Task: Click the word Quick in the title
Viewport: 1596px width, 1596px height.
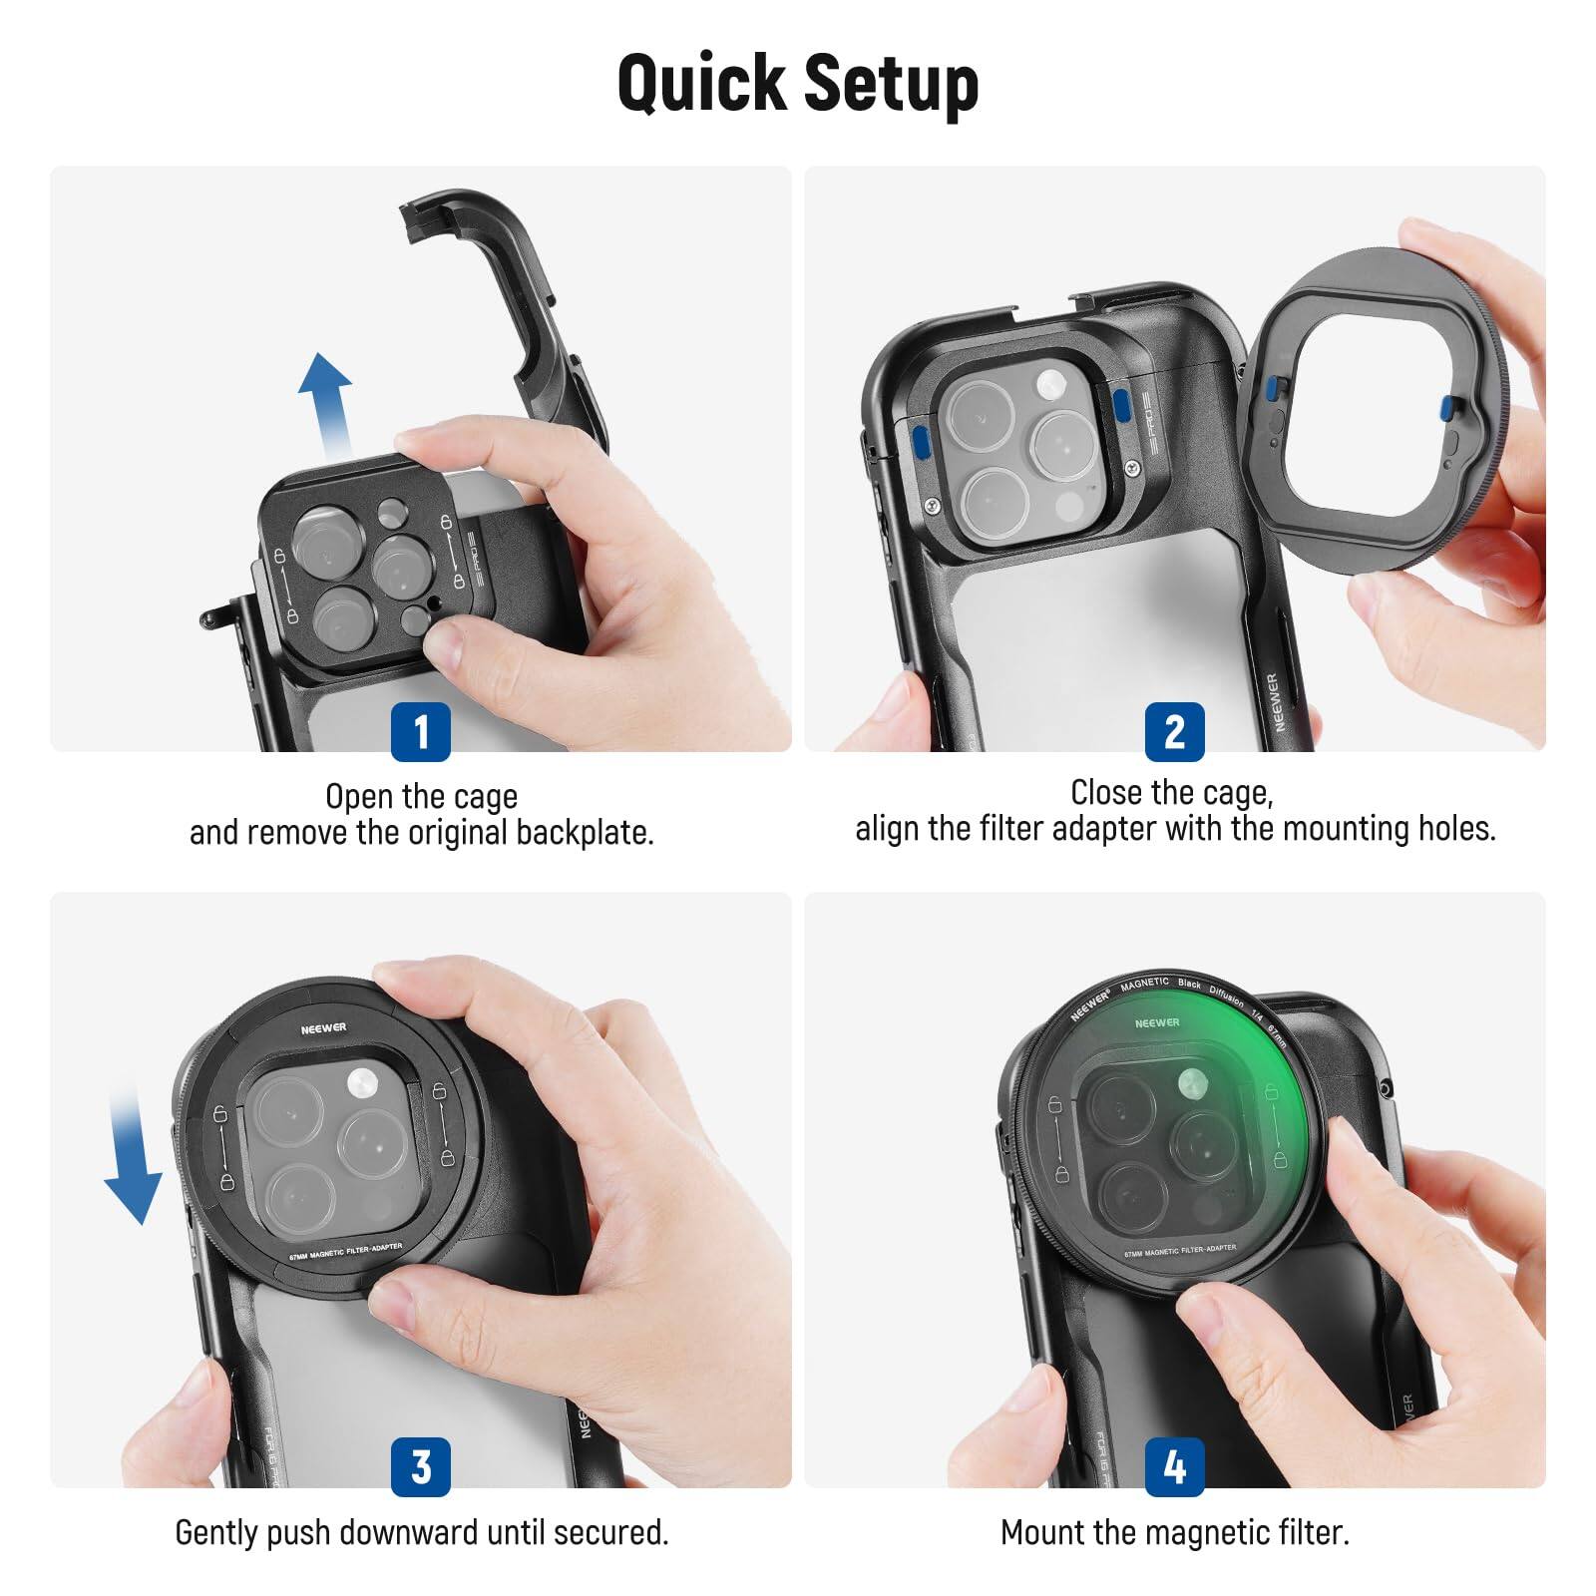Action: [703, 84]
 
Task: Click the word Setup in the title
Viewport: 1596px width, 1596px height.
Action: [891, 84]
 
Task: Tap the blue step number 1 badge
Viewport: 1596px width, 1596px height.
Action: [420, 731]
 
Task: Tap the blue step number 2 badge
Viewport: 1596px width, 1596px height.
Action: [1174, 731]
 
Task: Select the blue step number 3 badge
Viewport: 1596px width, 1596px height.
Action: [420, 1466]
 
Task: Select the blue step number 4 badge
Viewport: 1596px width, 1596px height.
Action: [1174, 1466]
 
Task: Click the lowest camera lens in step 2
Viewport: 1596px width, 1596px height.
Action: [996, 501]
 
